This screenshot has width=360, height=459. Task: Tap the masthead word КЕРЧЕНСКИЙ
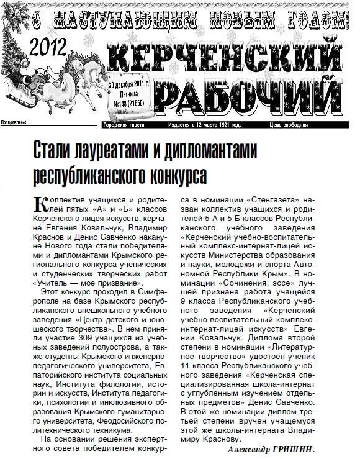[x=227, y=62]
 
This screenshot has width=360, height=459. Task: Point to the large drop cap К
[x=40, y=204]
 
